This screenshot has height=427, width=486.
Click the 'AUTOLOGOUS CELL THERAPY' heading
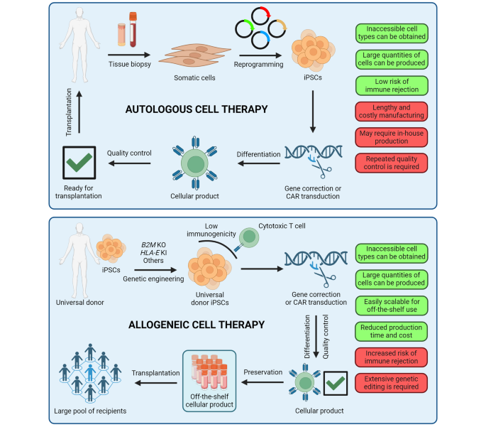[196, 109]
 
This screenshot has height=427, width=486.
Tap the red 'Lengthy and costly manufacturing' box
[392, 111]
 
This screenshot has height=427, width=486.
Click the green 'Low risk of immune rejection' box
[392, 85]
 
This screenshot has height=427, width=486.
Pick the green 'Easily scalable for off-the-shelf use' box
[392, 305]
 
